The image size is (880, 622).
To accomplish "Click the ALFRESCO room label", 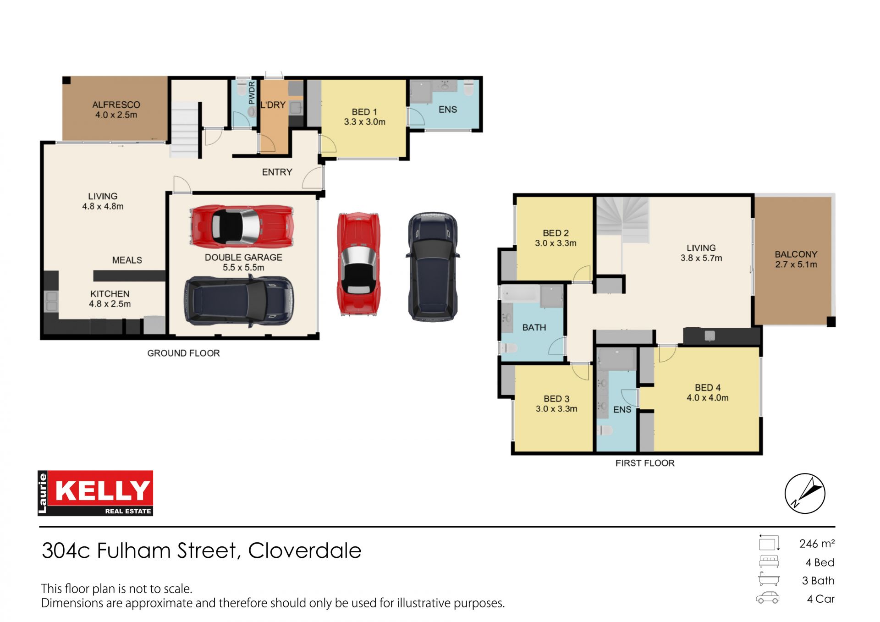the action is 116,105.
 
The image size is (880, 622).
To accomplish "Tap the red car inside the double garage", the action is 242,226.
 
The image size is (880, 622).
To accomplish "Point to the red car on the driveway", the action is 358,264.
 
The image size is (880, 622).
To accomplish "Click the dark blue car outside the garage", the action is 433,266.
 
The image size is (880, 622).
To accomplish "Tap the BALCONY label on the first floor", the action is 796,254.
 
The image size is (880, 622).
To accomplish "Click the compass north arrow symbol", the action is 805,493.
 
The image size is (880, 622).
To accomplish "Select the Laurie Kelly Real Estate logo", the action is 95,493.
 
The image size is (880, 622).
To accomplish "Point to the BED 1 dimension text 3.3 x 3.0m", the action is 365,122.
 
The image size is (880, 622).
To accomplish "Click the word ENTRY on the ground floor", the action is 277,172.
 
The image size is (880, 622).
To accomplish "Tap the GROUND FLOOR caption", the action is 183,353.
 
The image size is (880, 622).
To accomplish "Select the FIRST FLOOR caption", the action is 645,463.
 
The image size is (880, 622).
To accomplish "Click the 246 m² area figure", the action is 817,544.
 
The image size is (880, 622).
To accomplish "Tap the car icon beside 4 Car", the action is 768,598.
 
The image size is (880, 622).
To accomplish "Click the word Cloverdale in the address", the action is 305,550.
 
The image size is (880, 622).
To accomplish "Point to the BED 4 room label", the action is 707,388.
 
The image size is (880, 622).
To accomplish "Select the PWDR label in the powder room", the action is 252,93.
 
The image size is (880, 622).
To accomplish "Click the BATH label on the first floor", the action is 534,327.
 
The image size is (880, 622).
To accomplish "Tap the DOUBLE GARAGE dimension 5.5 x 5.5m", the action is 243,267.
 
